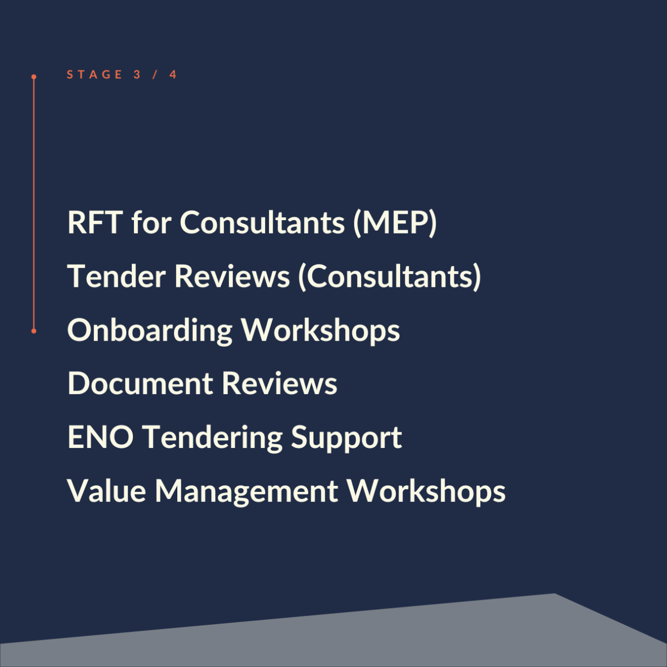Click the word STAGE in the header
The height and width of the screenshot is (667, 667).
click(94, 74)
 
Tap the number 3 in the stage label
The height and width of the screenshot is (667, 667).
click(137, 74)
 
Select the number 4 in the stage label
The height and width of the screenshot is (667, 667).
click(173, 74)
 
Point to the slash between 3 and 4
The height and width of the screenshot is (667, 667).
click(155, 74)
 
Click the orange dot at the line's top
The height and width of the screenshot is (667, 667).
click(33, 77)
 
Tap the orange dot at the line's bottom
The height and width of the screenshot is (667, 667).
click(33, 331)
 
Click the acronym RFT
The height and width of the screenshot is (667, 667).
click(95, 222)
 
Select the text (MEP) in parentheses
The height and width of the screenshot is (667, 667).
click(395, 223)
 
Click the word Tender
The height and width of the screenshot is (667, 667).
click(116, 276)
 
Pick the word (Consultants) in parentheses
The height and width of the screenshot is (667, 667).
click(390, 277)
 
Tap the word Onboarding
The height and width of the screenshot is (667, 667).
click(150, 331)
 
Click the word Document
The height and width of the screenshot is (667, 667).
click(140, 383)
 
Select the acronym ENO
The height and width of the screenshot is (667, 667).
click(101, 437)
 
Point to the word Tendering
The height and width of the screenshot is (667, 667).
click(212, 439)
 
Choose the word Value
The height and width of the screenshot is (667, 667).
click(106, 491)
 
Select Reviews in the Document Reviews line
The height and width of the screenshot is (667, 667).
click(280, 383)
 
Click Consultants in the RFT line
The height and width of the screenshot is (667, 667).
click(262, 222)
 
